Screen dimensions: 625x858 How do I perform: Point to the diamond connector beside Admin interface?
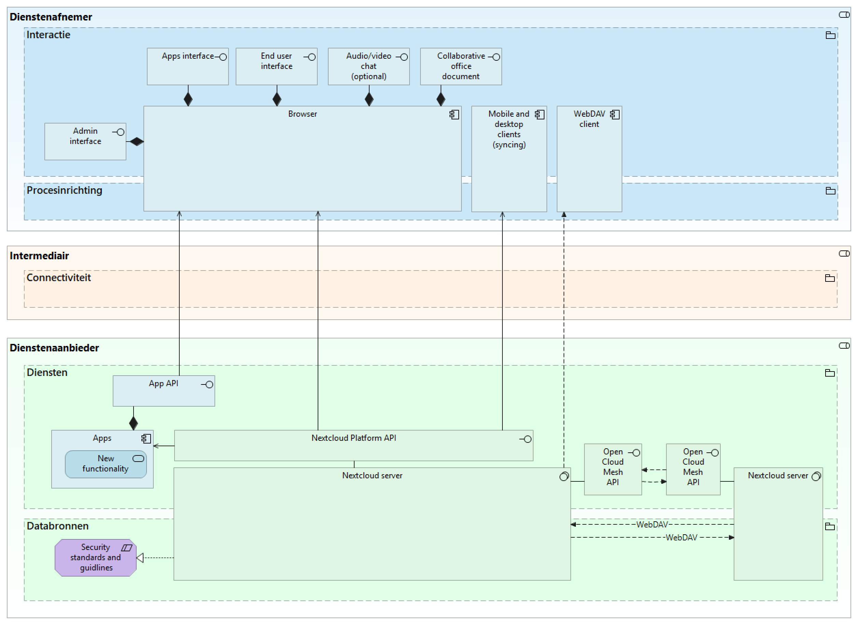coord(136,142)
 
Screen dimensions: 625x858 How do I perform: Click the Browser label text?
coord(302,114)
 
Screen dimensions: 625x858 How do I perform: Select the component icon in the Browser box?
coord(454,114)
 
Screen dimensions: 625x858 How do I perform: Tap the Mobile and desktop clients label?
coord(508,129)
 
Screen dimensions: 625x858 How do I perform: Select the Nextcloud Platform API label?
coord(354,438)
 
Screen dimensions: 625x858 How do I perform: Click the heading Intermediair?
coord(39,256)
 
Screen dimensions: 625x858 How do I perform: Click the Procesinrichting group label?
coord(65,190)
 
